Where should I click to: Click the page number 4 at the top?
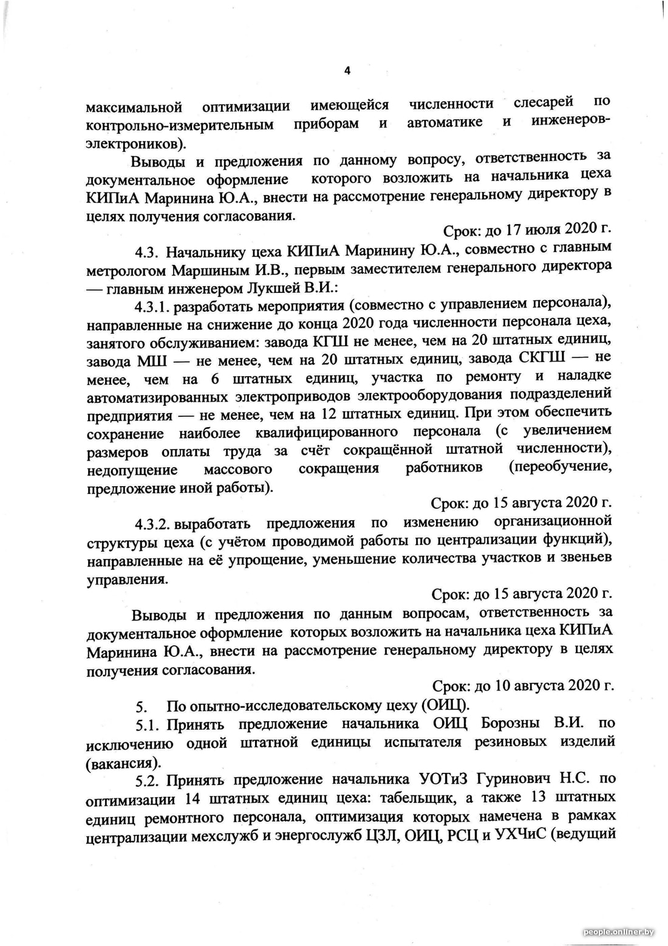[347, 71]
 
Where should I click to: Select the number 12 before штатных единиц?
[327, 414]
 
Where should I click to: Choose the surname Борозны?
[510, 723]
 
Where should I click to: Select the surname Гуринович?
[516, 778]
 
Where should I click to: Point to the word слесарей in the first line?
[544, 103]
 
